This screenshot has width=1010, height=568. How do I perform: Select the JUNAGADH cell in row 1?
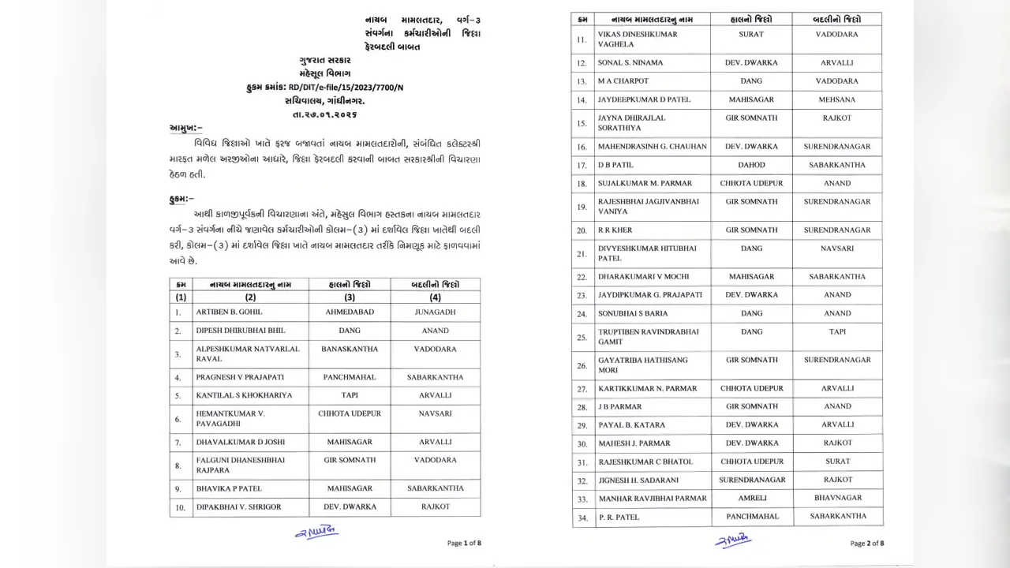tap(435, 312)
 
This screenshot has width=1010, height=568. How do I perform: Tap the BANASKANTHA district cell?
tap(350, 349)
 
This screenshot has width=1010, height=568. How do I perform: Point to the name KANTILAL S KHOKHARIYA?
tap(244, 395)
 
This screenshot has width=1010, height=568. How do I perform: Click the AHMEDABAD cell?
tap(350, 312)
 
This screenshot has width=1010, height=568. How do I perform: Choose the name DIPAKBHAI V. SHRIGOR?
tap(238, 507)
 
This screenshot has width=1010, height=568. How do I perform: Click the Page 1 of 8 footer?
tap(463, 543)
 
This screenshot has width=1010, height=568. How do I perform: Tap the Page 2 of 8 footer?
tap(866, 543)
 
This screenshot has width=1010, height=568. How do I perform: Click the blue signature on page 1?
tap(316, 533)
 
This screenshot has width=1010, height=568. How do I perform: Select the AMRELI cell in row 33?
tap(751, 499)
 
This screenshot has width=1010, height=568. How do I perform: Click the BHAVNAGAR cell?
tap(837, 499)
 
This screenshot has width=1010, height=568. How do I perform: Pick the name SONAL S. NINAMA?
tap(630, 63)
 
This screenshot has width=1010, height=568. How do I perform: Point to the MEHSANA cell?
tap(837, 100)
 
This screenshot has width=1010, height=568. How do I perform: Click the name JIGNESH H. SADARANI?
tap(639, 480)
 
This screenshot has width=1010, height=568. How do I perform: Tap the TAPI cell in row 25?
tap(837, 332)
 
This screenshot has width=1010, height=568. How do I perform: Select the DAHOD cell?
tap(751, 165)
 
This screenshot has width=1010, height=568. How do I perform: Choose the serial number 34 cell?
tap(582, 518)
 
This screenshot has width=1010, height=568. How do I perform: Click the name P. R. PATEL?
tap(619, 518)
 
